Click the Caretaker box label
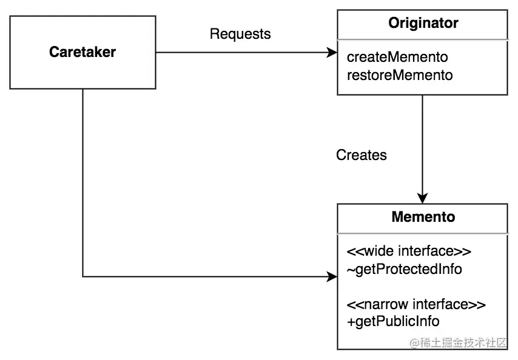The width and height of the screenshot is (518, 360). [82, 52]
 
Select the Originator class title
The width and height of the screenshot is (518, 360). [423, 24]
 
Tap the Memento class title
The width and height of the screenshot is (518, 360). [423, 216]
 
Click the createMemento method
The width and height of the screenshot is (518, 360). [397, 58]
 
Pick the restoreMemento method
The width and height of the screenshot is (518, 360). [400, 75]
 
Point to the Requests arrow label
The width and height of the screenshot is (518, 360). [240, 34]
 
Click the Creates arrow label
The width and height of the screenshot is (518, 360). [362, 155]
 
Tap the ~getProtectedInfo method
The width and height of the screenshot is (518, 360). [404, 268]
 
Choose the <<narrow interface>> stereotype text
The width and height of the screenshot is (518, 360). [416, 304]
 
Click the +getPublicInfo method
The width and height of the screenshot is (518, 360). [393, 321]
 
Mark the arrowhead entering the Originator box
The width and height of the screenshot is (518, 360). [332, 53]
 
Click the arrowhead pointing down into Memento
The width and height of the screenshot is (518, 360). [423, 198]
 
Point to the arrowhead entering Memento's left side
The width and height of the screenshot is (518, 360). [332, 277]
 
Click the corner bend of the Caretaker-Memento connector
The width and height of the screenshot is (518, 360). [82, 277]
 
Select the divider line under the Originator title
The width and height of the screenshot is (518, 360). [423, 39]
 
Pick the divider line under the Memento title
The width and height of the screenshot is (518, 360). [423, 232]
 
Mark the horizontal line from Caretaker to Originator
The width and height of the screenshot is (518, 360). [243, 53]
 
